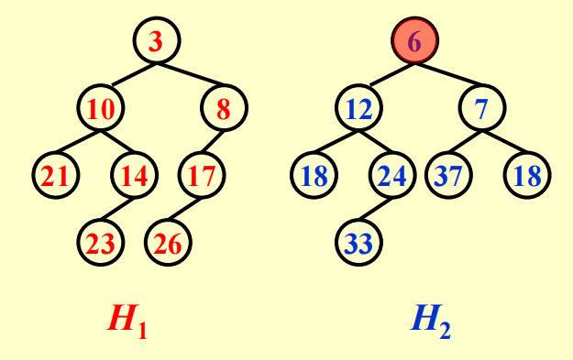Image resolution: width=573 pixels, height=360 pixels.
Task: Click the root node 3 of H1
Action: pos(157,41)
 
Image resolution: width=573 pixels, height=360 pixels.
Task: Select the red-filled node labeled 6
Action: pos(415,41)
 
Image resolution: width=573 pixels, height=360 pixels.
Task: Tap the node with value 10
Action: pos(101,109)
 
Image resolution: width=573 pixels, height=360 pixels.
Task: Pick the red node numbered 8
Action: pos(224,109)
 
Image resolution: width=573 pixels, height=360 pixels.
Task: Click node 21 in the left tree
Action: pos(55,175)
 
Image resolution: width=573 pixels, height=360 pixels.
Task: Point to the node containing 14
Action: pos(134,175)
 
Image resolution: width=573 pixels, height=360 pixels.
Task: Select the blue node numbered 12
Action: pos(358,109)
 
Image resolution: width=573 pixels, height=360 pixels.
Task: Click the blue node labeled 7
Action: pos(481,109)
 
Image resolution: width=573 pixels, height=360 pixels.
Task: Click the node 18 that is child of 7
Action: pos(527,175)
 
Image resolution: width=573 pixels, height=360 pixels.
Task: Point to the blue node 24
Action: pos(392,175)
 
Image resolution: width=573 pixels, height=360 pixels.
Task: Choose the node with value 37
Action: pos(449,175)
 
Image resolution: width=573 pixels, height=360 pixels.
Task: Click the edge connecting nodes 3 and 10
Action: pos(129,74)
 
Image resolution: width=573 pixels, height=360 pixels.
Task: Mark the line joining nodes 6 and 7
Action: pos(448,74)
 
